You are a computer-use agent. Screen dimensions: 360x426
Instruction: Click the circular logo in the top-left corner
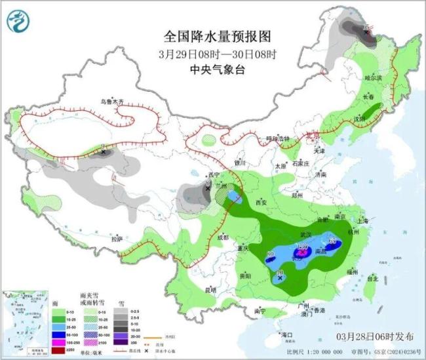[x=18, y=22]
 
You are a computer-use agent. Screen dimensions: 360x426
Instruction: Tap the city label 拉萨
[x=117, y=239]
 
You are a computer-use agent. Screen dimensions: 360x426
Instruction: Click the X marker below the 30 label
[x=280, y=278]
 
